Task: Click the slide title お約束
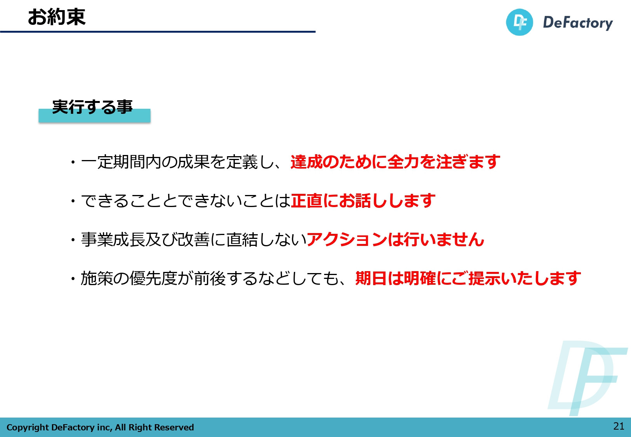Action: pos(56,17)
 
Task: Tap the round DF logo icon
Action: pos(519,22)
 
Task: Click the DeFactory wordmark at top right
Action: pos(577,23)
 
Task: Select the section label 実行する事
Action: pos(92,107)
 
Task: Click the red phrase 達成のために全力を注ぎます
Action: pos(395,162)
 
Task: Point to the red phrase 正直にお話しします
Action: pos(363,200)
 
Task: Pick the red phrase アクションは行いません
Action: pos(395,239)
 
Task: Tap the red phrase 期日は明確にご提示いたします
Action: pos(468,278)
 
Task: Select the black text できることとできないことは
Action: pos(186,200)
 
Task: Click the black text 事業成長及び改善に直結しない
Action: pos(193,239)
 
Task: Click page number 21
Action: pos(619,426)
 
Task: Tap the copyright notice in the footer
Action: pos(100,427)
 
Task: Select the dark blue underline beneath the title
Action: pos(158,31)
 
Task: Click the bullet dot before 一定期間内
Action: pos(73,162)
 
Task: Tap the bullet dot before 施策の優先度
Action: pos(73,279)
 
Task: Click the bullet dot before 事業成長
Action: pos(73,240)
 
